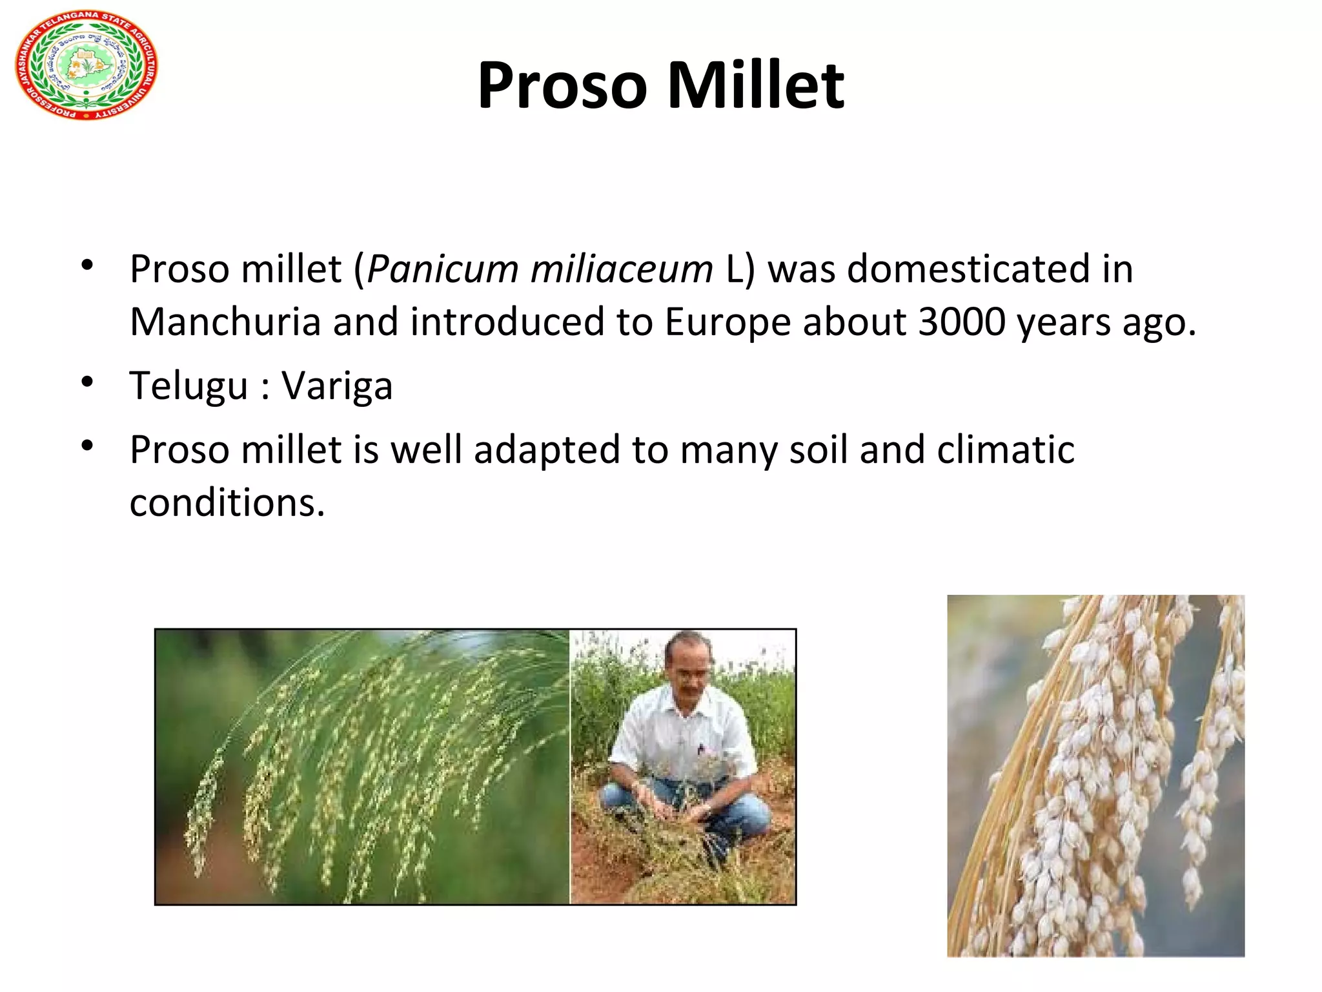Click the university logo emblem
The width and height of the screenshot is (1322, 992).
click(86, 66)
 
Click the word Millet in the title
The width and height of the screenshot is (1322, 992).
click(755, 85)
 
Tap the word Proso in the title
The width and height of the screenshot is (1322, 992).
click(562, 85)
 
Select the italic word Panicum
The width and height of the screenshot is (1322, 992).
click(442, 269)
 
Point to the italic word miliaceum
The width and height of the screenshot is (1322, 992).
click(621, 269)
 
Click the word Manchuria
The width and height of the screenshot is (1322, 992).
click(225, 322)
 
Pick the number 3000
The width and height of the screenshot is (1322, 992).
click(961, 322)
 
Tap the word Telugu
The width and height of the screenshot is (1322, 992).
click(188, 386)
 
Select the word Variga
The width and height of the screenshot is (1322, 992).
click(337, 386)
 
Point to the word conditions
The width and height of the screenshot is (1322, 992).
click(227, 502)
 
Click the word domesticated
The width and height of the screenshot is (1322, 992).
click(968, 269)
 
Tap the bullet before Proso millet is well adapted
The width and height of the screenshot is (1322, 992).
click(88, 446)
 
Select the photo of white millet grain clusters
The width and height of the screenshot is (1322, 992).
click(1095, 775)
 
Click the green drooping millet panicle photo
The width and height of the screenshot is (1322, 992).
click(361, 766)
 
